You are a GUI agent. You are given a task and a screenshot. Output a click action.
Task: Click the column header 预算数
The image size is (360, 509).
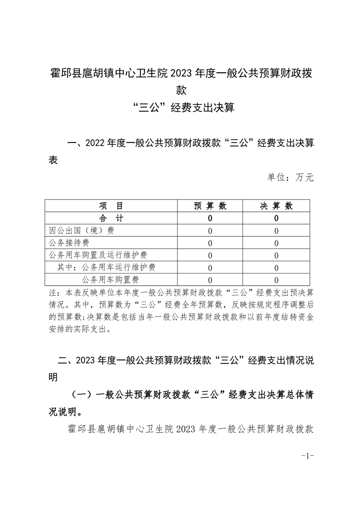210,206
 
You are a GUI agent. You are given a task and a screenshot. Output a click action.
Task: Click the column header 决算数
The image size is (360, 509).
276,206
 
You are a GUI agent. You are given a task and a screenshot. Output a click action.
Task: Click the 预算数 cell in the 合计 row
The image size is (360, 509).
210,218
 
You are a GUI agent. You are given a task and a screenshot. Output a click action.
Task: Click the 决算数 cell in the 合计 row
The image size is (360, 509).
276,218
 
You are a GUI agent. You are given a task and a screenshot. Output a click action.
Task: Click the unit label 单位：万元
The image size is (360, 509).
291,177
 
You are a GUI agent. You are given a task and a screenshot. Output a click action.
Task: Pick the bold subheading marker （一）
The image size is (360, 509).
81,395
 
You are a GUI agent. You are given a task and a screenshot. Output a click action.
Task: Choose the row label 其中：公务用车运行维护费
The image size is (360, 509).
106,267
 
